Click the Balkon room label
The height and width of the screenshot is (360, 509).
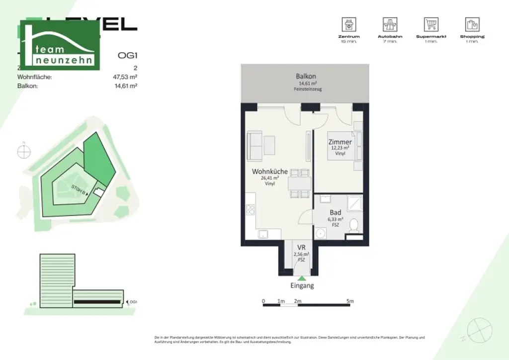click(x=306, y=77)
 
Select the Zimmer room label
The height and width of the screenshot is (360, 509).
click(x=340, y=142)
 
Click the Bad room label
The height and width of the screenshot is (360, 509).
click(x=335, y=213)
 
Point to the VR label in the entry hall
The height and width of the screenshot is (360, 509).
click(x=301, y=248)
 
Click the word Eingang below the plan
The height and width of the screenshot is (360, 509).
click(x=302, y=286)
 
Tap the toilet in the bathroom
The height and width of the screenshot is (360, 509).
click(x=354, y=226)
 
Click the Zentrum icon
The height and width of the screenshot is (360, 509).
click(x=348, y=24)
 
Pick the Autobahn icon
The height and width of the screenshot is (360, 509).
click(x=390, y=24)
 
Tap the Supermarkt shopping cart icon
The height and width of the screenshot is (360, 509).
click(x=431, y=24)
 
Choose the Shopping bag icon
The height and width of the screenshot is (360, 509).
click(x=472, y=24)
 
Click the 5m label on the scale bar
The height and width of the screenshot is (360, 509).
click(x=350, y=301)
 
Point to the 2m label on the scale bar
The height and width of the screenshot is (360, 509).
click(x=298, y=301)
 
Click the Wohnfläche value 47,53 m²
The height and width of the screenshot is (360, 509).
click(x=125, y=77)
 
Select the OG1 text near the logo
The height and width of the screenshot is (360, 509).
click(x=127, y=56)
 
